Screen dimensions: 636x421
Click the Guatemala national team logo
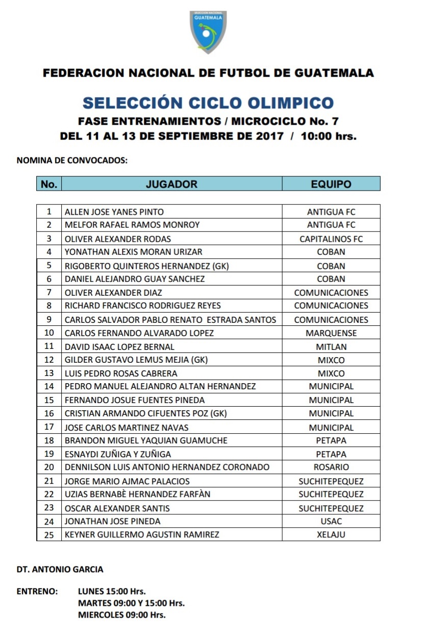point(208,32)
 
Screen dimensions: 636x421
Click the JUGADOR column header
point(171,184)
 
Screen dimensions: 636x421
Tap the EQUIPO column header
point(331,184)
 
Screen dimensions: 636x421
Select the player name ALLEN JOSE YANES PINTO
point(114,211)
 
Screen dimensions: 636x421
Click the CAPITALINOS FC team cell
point(331,239)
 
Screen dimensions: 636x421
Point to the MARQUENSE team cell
point(331,333)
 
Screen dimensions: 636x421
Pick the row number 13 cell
point(49,373)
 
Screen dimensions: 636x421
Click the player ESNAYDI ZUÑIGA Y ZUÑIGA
point(118,454)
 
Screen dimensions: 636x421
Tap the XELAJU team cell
point(331,534)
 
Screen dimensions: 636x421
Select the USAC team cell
point(331,521)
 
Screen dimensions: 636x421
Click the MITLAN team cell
point(331,347)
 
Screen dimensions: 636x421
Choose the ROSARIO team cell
point(331,467)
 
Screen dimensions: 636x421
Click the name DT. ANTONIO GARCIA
point(60,569)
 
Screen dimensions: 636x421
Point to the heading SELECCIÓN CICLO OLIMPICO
point(208,103)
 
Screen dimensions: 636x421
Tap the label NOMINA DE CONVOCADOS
point(71,160)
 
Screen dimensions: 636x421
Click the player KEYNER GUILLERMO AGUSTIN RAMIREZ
point(142,534)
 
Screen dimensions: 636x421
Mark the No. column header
point(49,184)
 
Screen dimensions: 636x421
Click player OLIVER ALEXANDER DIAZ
point(113,293)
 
